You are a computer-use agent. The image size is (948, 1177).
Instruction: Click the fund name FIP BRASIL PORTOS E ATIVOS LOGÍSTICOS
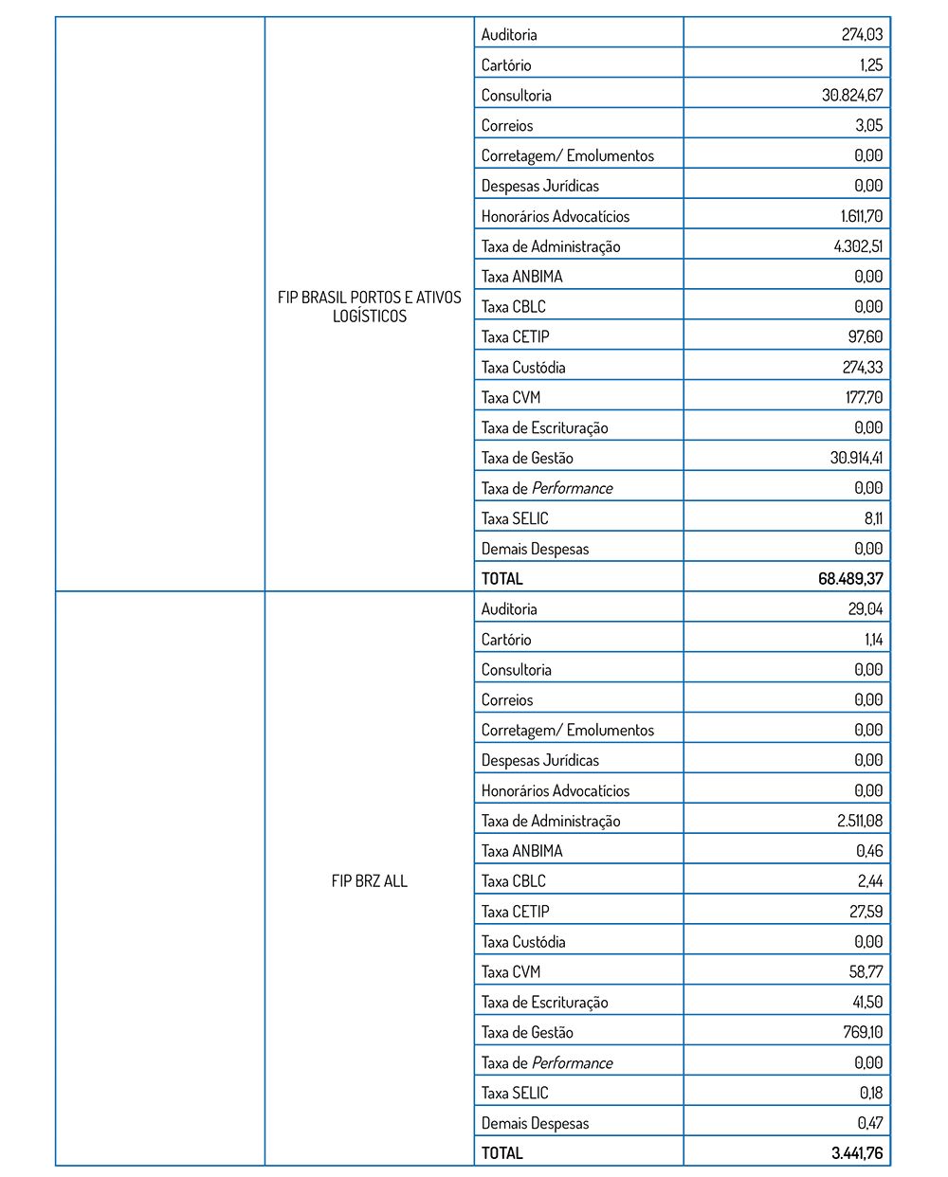(x=369, y=306)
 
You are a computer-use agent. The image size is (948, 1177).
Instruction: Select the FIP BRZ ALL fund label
(x=369, y=880)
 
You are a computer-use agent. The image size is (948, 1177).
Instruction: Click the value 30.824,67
(x=852, y=95)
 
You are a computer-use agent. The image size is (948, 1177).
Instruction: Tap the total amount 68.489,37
(x=850, y=578)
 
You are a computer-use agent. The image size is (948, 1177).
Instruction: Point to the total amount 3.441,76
(x=856, y=1152)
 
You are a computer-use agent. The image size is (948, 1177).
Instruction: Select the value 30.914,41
(x=856, y=458)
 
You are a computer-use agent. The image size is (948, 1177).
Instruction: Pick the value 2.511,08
(x=859, y=821)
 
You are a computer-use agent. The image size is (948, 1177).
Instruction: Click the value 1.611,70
(x=861, y=216)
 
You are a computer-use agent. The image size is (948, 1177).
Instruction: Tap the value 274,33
(x=862, y=367)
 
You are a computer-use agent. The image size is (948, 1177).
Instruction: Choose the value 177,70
(x=864, y=397)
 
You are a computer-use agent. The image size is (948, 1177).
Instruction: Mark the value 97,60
(x=865, y=336)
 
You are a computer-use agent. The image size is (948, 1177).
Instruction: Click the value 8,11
(x=873, y=518)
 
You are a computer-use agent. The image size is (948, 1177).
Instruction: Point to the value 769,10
(x=863, y=1032)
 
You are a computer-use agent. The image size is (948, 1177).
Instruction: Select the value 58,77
(x=866, y=971)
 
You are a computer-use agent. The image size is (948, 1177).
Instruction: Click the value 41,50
(x=867, y=1002)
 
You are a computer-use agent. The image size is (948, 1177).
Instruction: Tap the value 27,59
(x=866, y=911)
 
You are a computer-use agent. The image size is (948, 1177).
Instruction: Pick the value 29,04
(x=865, y=608)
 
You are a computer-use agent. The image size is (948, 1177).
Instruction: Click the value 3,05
(x=868, y=125)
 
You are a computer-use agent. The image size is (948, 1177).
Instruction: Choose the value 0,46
(x=869, y=851)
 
